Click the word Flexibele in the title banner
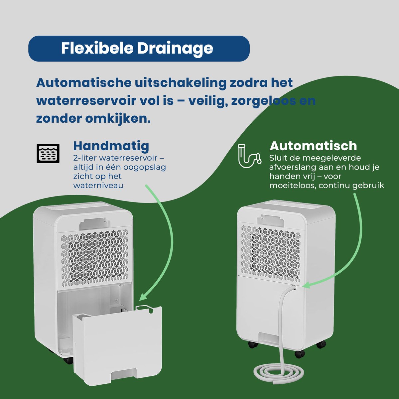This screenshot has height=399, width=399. coord(97,48)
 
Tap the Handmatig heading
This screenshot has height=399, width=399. coord(111,146)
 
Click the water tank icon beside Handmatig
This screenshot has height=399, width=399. coord(48,153)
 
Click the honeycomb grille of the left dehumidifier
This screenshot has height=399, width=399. coord(95,258)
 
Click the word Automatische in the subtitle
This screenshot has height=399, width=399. coord(84,83)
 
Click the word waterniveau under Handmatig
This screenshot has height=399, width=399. coord(98,185)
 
